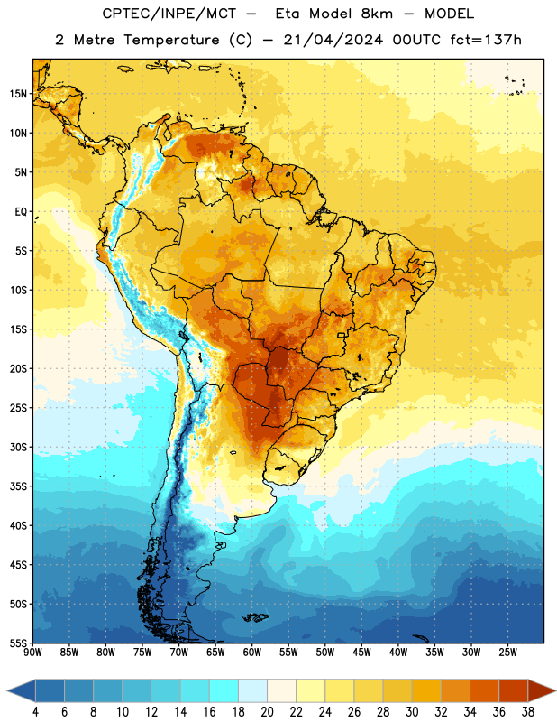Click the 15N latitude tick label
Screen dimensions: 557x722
18,94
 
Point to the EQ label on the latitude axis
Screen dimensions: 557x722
21,212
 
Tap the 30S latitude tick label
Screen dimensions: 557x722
18,447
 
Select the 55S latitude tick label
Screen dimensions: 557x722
18,643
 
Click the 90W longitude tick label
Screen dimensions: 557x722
32,653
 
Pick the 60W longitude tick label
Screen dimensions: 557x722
252,653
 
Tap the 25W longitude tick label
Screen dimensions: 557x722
507,653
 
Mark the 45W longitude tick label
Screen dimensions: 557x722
361,653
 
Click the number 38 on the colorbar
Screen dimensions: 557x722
527,712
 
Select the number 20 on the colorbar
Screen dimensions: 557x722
267,712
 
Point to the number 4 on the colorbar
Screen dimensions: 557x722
35,712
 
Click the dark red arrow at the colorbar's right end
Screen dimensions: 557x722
542,690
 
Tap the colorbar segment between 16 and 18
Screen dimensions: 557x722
224,690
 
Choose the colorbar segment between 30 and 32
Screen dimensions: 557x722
426,690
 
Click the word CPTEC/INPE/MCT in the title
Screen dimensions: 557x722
169,14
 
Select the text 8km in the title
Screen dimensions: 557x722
377,14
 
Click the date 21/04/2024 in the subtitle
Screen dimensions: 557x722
333,40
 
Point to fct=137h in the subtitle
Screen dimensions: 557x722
486,40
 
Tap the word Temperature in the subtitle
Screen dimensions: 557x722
171,41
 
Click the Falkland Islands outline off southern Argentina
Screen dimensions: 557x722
255,617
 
